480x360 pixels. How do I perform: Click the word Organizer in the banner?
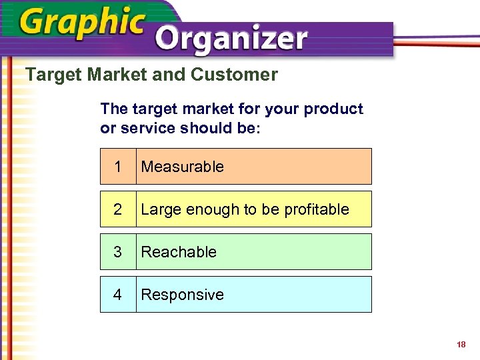231,41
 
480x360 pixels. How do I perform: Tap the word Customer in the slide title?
234,75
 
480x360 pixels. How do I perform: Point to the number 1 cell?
118,167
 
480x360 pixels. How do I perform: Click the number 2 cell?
118,209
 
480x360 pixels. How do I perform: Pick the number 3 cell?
118,252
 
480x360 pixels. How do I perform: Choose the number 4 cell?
118,295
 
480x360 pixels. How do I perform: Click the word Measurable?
183,167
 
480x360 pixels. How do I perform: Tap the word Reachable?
179,252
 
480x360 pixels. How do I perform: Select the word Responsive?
183,295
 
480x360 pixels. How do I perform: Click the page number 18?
461,345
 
